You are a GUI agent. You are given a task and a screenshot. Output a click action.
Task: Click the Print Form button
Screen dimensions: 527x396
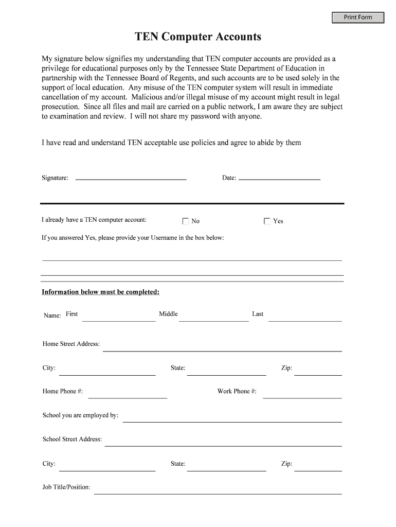[358, 17]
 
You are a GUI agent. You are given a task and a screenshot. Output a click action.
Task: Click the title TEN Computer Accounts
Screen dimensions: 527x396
[198, 37]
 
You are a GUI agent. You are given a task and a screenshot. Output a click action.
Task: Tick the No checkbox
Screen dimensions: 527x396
[186, 221]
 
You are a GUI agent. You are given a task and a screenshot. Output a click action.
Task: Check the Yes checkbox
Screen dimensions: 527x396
[267, 221]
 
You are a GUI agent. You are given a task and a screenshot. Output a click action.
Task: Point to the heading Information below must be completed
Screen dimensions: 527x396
[101, 292]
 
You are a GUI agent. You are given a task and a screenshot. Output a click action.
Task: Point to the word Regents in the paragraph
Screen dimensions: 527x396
[178, 78]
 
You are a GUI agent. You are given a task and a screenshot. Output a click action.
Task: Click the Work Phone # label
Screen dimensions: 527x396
[237, 391]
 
